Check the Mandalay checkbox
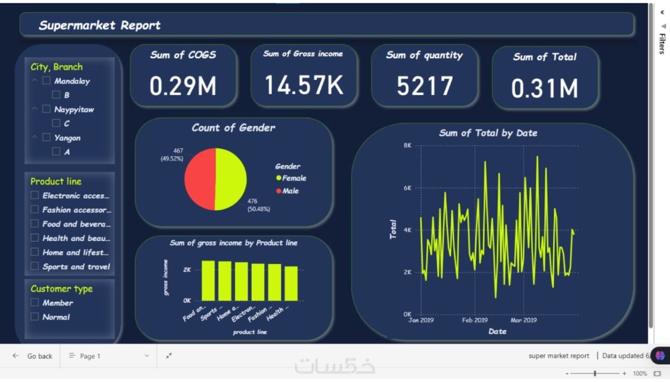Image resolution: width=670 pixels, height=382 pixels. pos(46,81)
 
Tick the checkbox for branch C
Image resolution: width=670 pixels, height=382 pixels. pos(56,123)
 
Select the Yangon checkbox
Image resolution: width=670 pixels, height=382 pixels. pos(46,138)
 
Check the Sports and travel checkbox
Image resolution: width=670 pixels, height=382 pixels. pos(35,266)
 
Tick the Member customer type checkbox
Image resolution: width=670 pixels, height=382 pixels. pos(35,302)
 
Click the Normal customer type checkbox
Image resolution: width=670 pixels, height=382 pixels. pos(35,317)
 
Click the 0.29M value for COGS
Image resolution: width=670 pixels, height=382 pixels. pos(183,86)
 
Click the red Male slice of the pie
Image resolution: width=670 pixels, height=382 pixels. pos(200,179)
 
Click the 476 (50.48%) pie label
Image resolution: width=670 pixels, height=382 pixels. pos(259,205)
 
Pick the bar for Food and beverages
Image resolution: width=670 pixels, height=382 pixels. pos(208,281)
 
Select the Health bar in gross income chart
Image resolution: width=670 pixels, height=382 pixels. pos(291,284)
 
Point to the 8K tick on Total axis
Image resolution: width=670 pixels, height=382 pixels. pos(407,145)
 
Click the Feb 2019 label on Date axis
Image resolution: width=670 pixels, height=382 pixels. pos(475,320)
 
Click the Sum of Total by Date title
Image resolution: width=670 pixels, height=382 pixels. pos(488,133)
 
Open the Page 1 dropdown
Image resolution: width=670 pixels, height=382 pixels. pos(109,356)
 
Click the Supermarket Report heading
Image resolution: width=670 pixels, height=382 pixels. pos(99,25)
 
